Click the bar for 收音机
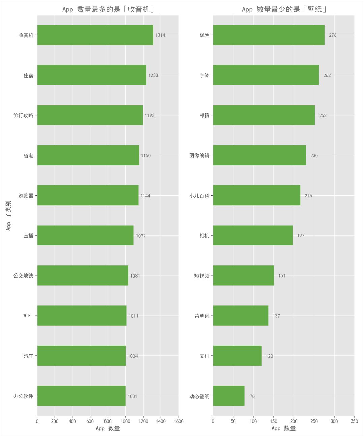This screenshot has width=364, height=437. click(95, 35)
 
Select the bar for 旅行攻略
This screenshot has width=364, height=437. click(90, 115)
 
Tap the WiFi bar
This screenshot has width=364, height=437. click(82, 316)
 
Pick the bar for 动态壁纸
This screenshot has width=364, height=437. click(229, 396)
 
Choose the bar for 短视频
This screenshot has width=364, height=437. click(243, 275)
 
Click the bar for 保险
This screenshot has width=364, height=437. click(269, 35)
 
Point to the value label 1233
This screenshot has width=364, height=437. click(153, 75)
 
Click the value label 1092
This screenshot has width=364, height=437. click(141, 236)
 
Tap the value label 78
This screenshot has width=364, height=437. click(252, 396)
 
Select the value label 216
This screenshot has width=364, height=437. click(308, 196)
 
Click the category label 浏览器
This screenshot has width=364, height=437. click(26, 196)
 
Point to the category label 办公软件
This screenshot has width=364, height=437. click(23, 396)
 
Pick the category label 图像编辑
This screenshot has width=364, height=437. click(199, 155)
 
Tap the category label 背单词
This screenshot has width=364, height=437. click(202, 316)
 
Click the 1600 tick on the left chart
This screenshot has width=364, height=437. click(179, 421)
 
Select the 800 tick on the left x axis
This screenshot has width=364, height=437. click(108, 421)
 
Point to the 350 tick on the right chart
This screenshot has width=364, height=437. click(354, 421)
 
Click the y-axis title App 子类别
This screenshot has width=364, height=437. click(8, 215)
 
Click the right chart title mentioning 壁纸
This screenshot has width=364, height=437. click(284, 9)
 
